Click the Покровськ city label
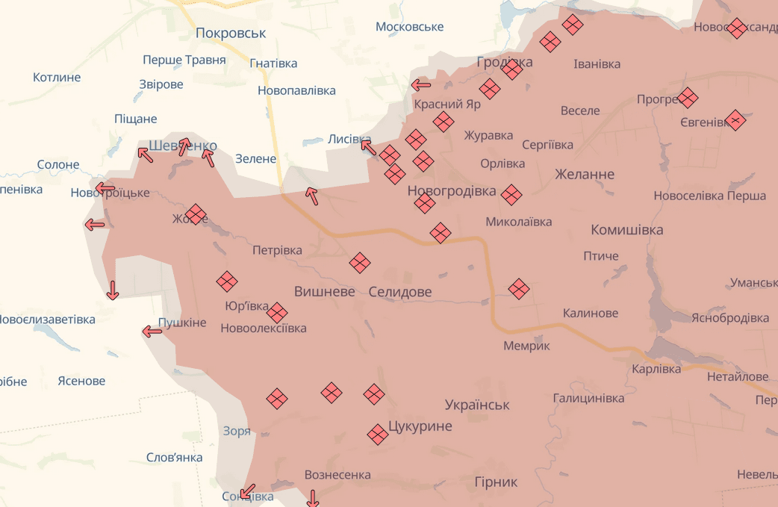(x=231, y=33)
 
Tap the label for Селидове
(x=400, y=292)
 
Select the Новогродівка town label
(x=452, y=191)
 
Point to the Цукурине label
(x=420, y=426)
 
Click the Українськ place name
(x=477, y=405)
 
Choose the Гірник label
(x=496, y=482)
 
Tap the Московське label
(x=409, y=27)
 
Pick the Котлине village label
(x=57, y=77)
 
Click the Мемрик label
(x=526, y=346)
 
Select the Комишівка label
(x=626, y=229)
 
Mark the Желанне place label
(x=585, y=174)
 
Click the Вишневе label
(x=324, y=292)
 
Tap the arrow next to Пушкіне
(x=152, y=331)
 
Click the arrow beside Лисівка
(x=368, y=147)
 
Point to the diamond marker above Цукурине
(x=374, y=394)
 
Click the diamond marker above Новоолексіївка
(x=277, y=313)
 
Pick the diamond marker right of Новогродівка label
(x=511, y=195)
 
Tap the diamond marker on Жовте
(x=196, y=214)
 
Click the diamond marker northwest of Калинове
(x=519, y=288)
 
